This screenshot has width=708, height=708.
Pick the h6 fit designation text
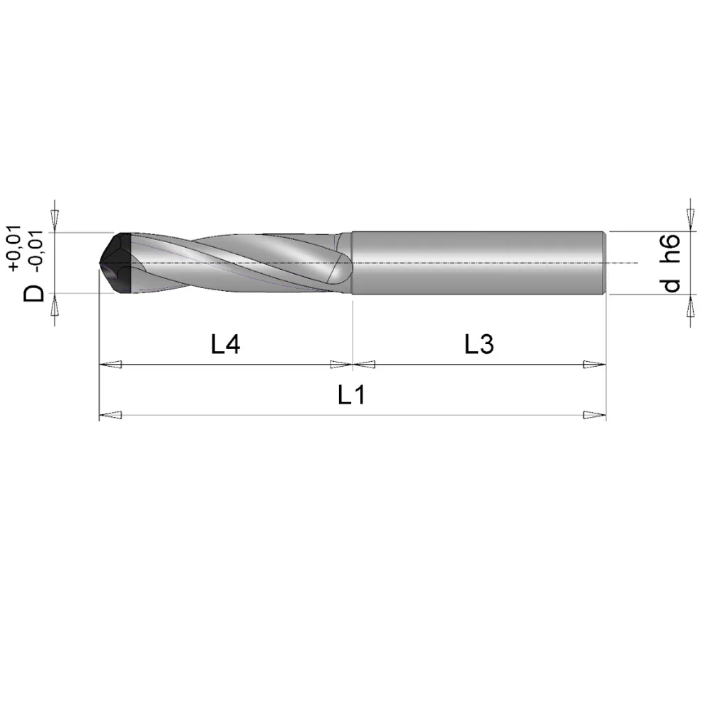[x=671, y=249]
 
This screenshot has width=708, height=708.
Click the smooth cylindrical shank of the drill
[x=478, y=262]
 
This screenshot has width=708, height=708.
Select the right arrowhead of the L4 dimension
[x=341, y=365]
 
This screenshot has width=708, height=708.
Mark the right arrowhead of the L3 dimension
[x=595, y=365]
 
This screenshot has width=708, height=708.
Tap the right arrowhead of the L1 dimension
[x=595, y=416]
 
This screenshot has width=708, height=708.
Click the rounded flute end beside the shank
[x=341, y=268]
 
